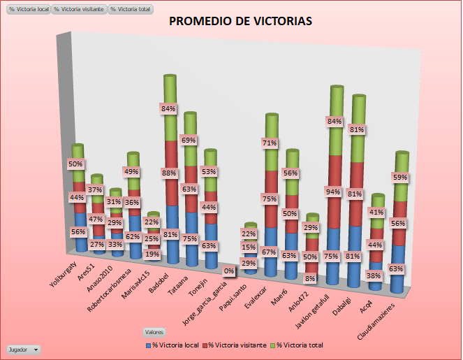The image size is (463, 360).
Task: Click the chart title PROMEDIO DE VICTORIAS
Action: pos(241,22)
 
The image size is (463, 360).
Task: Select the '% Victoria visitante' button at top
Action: pos(80,9)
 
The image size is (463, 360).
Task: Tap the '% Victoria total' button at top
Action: pos(130,9)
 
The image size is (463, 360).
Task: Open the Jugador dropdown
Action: pos(23,348)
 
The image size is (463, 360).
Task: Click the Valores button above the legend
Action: pos(154,331)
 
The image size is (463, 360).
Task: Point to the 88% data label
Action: pos(168,173)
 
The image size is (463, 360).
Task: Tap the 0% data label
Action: pos(228,271)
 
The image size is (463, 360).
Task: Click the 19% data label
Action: pos(152,254)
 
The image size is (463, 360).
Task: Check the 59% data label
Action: pos(400,178)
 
